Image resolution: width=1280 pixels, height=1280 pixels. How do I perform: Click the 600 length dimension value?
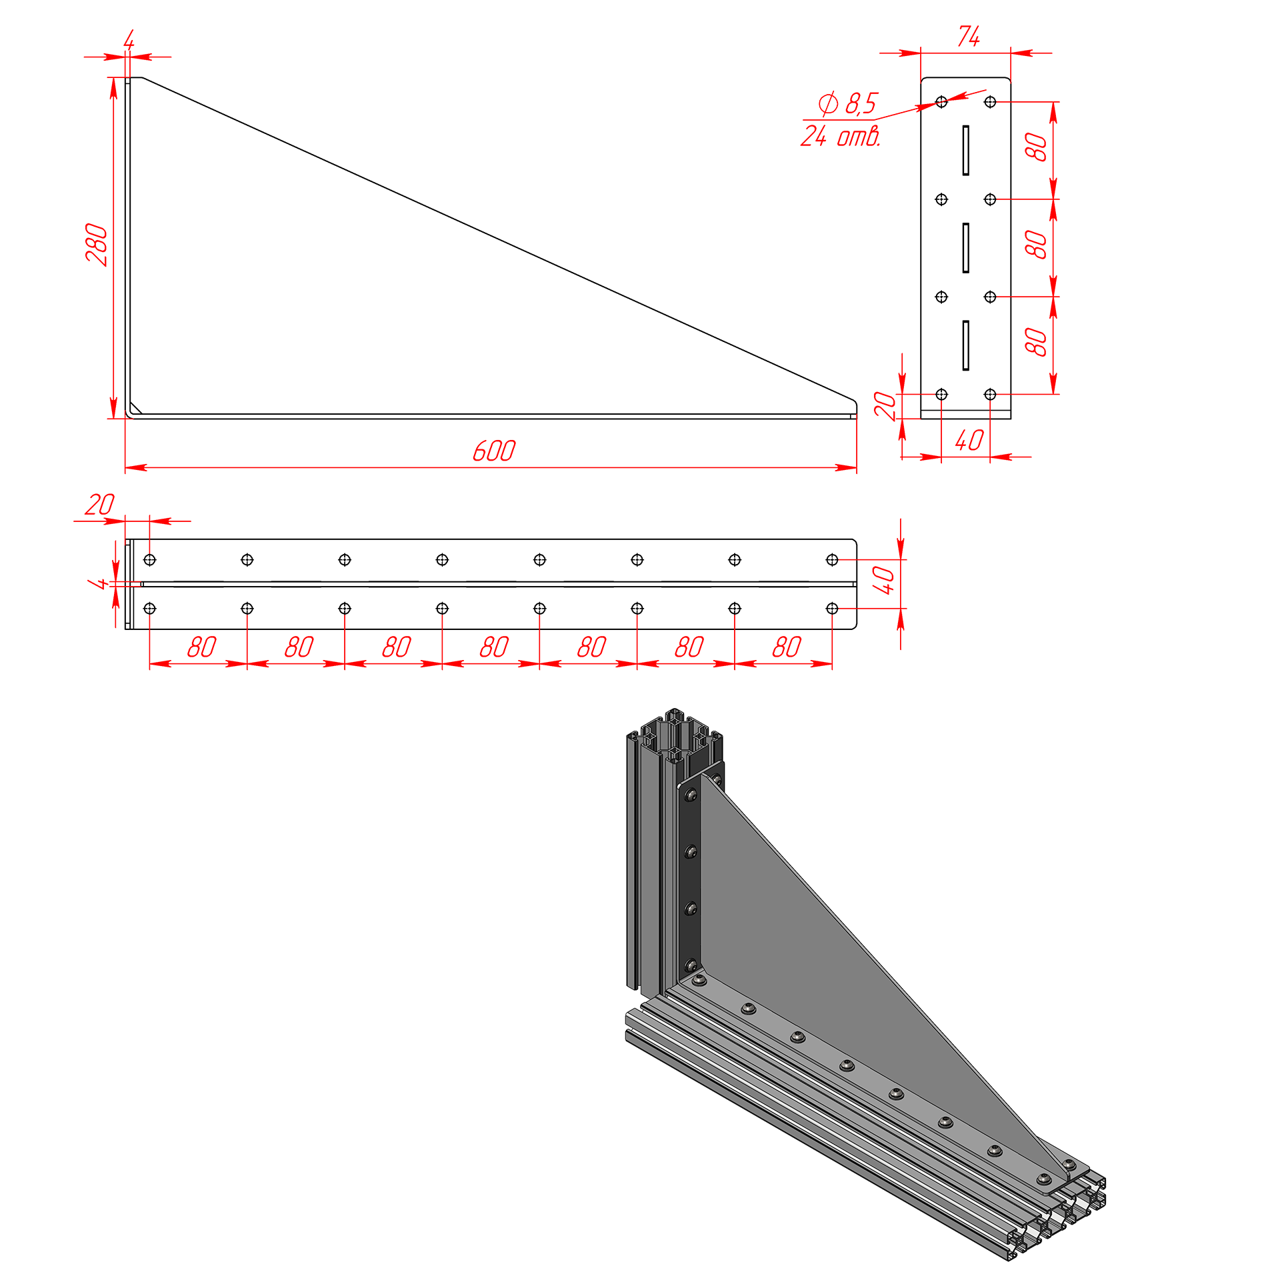coord(494,451)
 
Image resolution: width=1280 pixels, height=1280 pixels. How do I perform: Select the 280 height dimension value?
coord(97,245)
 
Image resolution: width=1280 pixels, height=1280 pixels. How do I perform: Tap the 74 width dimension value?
coord(969,36)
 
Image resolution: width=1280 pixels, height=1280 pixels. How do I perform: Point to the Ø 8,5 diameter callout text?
coord(848,103)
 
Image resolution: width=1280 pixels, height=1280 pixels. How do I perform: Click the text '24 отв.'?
coord(840,136)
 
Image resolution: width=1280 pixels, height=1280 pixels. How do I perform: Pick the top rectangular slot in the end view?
coord(965,150)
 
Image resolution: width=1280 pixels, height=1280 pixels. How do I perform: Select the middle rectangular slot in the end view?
coord(965,248)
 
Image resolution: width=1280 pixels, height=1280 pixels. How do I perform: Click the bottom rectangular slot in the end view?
coord(965,345)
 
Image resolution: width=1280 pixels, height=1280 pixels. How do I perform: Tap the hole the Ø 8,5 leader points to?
coord(941,102)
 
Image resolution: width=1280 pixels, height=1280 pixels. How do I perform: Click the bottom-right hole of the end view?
coord(990,394)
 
